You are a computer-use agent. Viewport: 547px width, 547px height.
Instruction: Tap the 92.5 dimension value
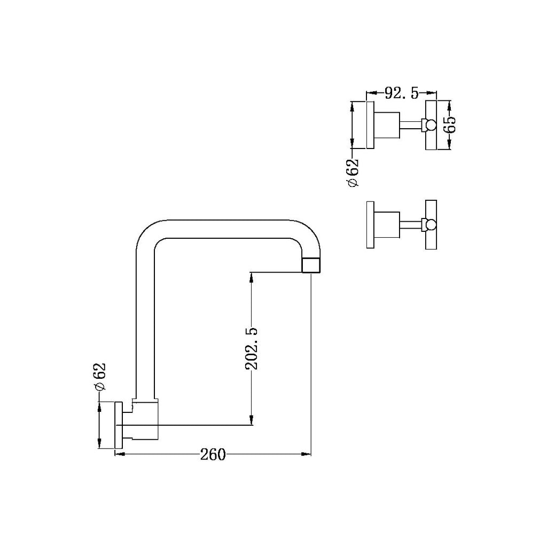click(x=401, y=94)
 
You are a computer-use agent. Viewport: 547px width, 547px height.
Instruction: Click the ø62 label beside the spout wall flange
click(x=99, y=379)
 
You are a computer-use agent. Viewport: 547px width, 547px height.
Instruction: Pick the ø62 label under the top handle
click(x=353, y=173)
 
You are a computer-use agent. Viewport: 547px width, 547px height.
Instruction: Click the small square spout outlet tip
click(x=312, y=265)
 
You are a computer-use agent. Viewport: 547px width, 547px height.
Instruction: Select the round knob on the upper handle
click(x=430, y=126)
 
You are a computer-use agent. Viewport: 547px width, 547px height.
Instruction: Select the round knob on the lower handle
click(x=430, y=224)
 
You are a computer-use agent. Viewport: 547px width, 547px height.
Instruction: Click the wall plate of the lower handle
click(x=370, y=224)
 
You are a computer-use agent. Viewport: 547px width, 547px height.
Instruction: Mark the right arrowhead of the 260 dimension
click(x=307, y=455)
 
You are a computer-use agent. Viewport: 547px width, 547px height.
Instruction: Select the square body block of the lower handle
click(x=388, y=224)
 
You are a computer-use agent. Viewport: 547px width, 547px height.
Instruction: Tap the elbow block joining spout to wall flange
click(x=145, y=421)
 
